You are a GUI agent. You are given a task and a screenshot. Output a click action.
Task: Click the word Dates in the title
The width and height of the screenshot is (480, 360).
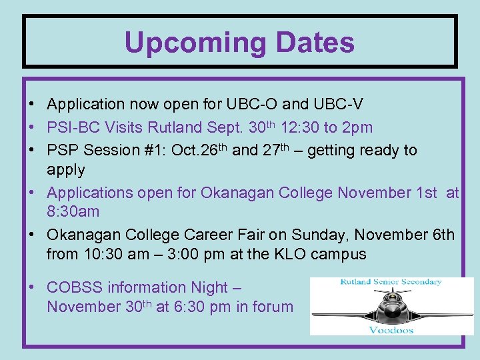click(311, 43)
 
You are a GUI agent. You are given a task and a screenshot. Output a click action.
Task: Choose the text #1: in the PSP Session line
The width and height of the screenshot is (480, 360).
click(149, 150)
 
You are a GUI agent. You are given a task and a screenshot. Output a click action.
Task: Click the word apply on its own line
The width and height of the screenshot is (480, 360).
click(66, 170)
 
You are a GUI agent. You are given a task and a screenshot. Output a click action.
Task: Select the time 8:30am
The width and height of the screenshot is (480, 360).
click(73, 212)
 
